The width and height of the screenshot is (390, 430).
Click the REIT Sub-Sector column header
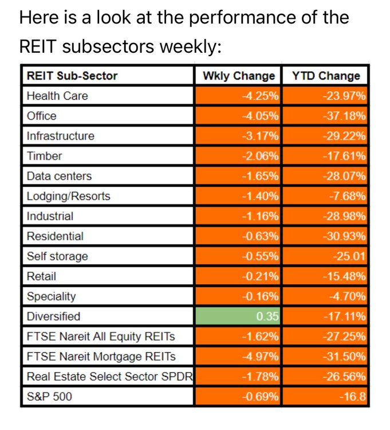(72, 76)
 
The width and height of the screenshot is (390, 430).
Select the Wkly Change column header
(239, 76)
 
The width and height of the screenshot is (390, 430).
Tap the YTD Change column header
(326, 76)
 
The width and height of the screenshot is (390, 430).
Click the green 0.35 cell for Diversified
(238, 316)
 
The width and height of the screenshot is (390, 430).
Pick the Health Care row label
(57, 96)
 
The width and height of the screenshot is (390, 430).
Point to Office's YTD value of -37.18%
(344, 116)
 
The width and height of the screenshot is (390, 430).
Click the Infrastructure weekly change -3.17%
(260, 136)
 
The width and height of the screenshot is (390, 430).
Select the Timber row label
(44, 156)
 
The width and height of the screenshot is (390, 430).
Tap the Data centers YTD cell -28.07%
(344, 176)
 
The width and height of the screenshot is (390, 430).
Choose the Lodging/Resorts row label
(69, 196)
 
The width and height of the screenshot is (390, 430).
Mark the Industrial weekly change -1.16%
(260, 216)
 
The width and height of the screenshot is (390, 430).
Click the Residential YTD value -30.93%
(344, 236)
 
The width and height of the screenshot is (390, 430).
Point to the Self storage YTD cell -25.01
(349, 256)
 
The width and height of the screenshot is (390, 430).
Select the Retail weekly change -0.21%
(260, 276)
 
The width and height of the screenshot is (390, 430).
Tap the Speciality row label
(51, 296)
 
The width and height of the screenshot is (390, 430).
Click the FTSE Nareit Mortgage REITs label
(101, 357)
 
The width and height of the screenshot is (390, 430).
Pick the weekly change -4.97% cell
(260, 357)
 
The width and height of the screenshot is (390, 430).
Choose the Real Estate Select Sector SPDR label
(110, 377)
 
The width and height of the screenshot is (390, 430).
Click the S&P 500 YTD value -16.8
(352, 397)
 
